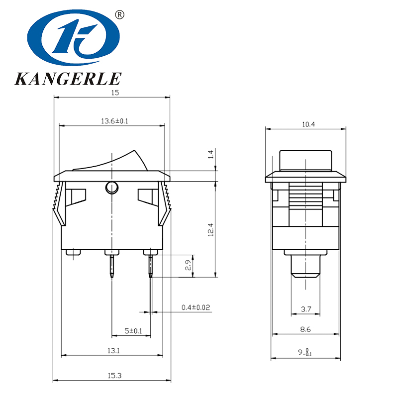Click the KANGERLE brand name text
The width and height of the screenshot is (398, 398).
click(68, 79)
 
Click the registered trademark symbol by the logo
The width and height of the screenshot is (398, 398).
click(119, 15)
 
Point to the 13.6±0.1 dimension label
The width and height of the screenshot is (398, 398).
click(115, 121)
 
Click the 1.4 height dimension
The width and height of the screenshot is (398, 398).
click(210, 155)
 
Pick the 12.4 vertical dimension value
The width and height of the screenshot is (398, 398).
click(210, 229)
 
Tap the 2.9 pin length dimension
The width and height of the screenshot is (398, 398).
click(188, 265)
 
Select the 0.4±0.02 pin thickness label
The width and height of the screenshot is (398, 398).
click(196, 308)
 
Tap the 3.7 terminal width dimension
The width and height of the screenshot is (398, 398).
click(306, 309)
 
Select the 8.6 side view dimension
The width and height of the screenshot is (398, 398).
click(305, 329)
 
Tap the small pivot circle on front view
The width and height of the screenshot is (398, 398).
click(111, 188)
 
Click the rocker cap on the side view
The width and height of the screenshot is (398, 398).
click(305, 160)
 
